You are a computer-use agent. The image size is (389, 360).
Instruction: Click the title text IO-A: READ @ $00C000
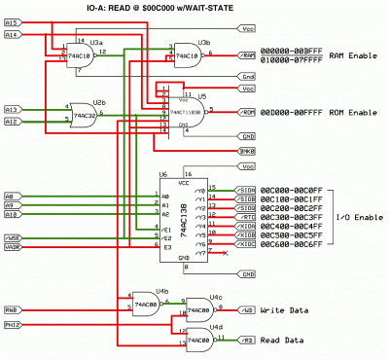click(194, 9)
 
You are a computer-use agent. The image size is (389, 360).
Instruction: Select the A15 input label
click(12, 20)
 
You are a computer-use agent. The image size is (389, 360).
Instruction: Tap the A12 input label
click(12, 122)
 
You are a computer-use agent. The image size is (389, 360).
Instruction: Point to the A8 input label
click(11, 196)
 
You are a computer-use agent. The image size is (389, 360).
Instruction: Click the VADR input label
click(12, 248)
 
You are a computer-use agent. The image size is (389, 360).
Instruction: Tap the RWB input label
click(12, 309)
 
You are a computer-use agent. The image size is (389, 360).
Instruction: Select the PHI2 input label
click(12, 325)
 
